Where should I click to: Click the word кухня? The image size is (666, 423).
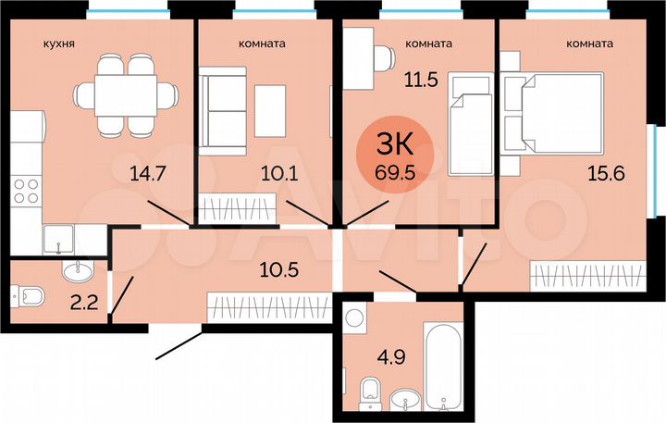coord(58,44)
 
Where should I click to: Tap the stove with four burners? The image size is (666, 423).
coord(27,190)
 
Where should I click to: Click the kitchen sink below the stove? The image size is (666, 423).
coord(57,238)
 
